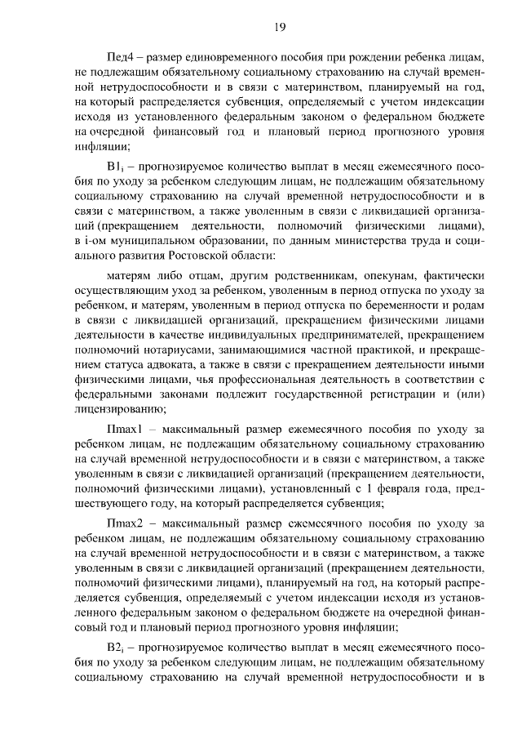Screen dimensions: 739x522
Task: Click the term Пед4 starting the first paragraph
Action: point(121,59)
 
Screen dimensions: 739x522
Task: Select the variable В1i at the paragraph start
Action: point(117,165)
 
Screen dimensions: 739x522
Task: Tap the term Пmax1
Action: point(125,430)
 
